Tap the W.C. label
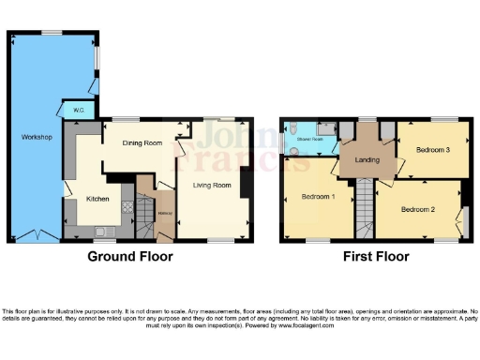(78, 111)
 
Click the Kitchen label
(98, 199)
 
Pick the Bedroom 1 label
(319, 198)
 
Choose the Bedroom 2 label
(419, 209)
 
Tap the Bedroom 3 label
(432, 150)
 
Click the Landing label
(367, 160)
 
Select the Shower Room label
(310, 139)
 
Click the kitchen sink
(106, 231)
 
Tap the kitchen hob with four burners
(82, 231)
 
